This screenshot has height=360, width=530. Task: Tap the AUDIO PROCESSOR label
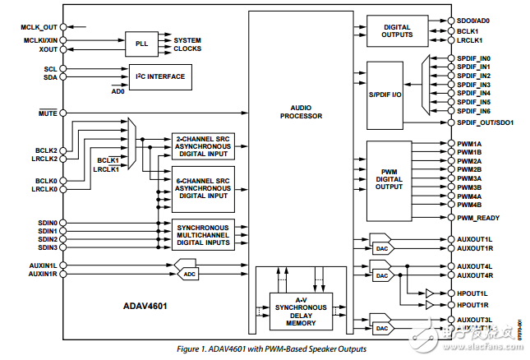coord(301,111)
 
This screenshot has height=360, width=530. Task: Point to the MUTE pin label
coord(47,113)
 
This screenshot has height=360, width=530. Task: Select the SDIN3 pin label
coord(46,247)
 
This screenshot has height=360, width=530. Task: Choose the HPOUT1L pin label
coord(472,293)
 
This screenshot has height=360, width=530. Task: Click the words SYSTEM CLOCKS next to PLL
coord(187,44)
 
